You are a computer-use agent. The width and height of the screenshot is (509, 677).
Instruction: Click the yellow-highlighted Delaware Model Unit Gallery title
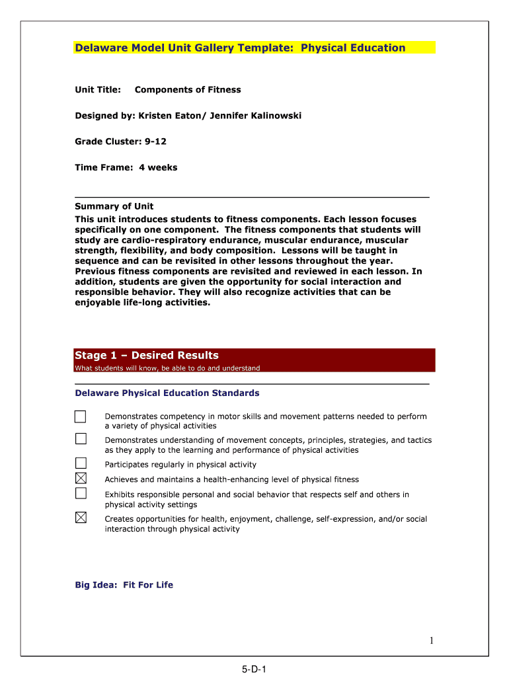tap(240, 48)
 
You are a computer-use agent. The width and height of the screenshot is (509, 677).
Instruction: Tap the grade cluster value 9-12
tap(156, 141)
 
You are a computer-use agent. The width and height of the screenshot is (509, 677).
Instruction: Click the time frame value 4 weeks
tap(158, 167)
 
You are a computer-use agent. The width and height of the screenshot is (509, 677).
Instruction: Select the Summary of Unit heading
tap(114, 206)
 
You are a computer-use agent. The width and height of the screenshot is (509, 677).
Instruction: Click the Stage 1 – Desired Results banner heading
tap(147, 356)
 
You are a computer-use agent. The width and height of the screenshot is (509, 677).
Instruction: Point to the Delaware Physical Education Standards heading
tap(167, 393)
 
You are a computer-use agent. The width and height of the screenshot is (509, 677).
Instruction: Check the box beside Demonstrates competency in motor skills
tap(81, 417)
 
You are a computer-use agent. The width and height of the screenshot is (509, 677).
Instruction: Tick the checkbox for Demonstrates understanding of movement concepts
tap(81, 439)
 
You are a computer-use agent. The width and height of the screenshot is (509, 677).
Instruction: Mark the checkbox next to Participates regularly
tap(81, 463)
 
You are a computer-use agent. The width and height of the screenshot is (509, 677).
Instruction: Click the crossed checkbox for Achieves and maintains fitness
tap(81, 478)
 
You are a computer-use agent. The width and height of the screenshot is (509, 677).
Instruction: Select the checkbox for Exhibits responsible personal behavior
tap(81, 493)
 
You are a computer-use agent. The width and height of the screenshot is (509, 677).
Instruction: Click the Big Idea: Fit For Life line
tap(124, 585)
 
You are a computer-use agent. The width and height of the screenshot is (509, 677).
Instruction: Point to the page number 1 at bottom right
tap(430, 640)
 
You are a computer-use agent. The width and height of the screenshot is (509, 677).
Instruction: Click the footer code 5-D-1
tap(254, 670)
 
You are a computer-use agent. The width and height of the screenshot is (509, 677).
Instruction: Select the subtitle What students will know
tap(167, 368)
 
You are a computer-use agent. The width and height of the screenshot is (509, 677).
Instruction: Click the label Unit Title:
tap(98, 90)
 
